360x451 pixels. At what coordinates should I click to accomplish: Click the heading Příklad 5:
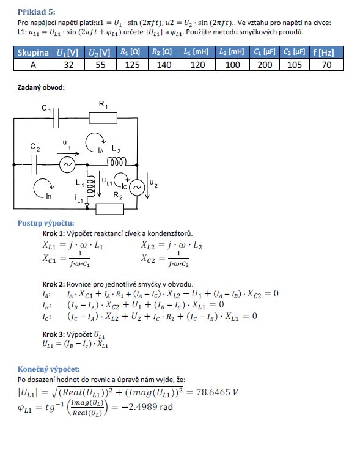point(36,12)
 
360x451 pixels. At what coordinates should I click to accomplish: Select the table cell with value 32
point(68,65)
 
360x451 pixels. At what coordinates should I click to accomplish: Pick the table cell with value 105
point(295,65)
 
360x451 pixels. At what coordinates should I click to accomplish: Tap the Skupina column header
point(33,53)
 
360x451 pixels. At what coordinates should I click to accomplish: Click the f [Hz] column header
point(326,53)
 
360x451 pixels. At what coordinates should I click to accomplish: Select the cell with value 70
point(326,65)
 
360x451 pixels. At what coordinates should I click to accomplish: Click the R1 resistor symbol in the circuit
point(103,118)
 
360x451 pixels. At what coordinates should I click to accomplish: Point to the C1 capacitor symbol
point(56,118)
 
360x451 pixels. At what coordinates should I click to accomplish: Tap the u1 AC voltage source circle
point(67,165)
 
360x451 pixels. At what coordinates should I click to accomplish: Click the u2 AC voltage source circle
point(137,188)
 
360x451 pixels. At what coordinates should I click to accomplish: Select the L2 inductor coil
point(117,162)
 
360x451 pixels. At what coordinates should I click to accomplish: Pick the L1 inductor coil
point(91,186)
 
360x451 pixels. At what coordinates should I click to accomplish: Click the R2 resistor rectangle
point(109,209)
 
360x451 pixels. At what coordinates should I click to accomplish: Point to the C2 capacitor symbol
point(34,165)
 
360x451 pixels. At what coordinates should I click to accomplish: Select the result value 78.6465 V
point(217,392)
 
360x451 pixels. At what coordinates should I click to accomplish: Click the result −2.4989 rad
point(147,407)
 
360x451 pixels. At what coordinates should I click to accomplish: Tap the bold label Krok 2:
point(54,284)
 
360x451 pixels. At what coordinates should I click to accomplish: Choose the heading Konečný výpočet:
point(49,369)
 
